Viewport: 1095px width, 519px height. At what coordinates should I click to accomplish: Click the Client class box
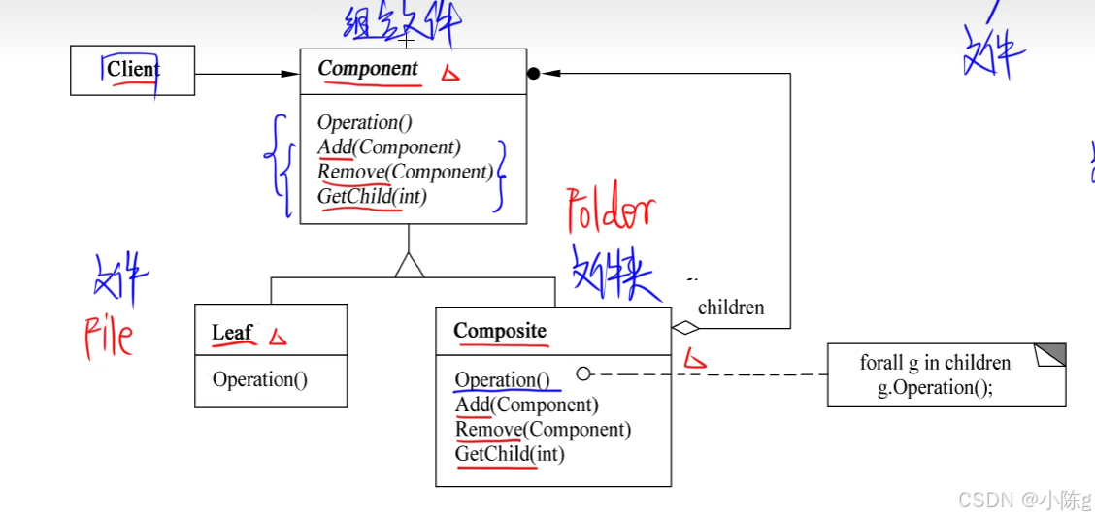tap(133, 70)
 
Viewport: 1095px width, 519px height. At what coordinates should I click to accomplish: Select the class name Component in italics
tap(368, 69)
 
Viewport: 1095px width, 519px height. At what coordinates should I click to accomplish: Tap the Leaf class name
tap(232, 333)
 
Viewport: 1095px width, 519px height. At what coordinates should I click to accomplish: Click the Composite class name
tap(500, 331)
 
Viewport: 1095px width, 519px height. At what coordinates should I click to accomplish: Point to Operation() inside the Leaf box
tap(260, 379)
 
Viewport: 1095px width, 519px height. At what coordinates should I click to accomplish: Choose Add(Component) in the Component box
tap(389, 147)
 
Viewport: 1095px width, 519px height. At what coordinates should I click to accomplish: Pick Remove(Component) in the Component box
tap(406, 172)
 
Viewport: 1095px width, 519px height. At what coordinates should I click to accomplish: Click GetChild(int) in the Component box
tap(373, 196)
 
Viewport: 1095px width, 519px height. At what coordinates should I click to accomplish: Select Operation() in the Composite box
tap(502, 380)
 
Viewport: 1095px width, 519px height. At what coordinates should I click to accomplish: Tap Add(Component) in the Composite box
tap(527, 405)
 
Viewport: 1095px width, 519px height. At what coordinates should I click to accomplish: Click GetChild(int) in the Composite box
tap(510, 453)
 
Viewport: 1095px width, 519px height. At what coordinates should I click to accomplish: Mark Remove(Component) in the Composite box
tap(544, 429)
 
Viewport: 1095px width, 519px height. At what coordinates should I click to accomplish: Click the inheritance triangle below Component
tap(410, 265)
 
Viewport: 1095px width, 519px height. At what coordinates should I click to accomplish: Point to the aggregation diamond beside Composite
tap(685, 328)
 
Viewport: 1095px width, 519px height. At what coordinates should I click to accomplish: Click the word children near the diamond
tap(731, 308)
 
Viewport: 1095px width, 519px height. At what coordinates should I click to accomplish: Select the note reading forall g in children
tap(946, 375)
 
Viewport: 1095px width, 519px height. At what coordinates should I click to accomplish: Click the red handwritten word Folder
tap(611, 213)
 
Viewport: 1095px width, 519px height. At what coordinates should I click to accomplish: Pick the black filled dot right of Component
tap(533, 73)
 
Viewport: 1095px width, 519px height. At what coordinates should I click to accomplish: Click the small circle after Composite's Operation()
tap(583, 373)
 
